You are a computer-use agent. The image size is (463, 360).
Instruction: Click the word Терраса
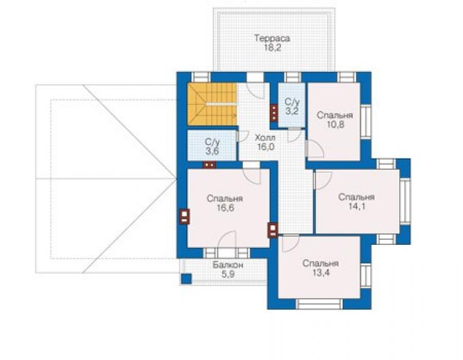coord(272,38)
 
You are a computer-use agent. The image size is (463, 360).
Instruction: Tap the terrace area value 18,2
coord(273,48)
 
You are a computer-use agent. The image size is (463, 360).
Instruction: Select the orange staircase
coord(212,104)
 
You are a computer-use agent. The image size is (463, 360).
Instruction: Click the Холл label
coord(265,138)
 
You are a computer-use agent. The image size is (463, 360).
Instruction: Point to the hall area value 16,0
coord(265,147)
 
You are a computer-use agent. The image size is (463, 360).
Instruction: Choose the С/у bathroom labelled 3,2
coord(292,106)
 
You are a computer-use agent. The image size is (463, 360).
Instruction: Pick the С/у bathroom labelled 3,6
coord(212,145)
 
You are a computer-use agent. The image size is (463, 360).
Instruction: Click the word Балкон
coord(228,265)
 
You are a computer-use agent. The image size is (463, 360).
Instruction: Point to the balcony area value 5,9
coord(228,274)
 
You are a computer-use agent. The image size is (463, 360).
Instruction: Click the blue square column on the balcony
coord(186,279)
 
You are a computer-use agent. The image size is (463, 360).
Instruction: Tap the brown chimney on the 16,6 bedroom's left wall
coord(184,217)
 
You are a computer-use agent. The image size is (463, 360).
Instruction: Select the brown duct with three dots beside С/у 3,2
coord(274,112)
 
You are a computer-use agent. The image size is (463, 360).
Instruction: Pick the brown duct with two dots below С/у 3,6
coord(210,165)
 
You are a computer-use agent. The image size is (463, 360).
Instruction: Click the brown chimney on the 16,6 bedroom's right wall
coord(273,230)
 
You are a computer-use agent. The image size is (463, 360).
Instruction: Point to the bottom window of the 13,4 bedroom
coord(319,304)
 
